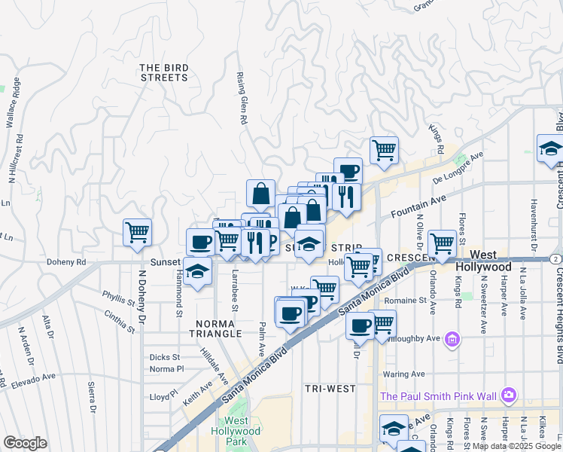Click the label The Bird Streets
[163, 72]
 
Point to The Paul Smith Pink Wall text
[438, 395]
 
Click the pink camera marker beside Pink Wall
[510, 395]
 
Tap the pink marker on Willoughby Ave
[452, 340]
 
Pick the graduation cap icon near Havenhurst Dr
[550, 149]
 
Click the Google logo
[25, 443]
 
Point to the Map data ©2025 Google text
[516, 446]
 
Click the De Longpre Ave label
[457, 168]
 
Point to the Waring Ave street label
[403, 374]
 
